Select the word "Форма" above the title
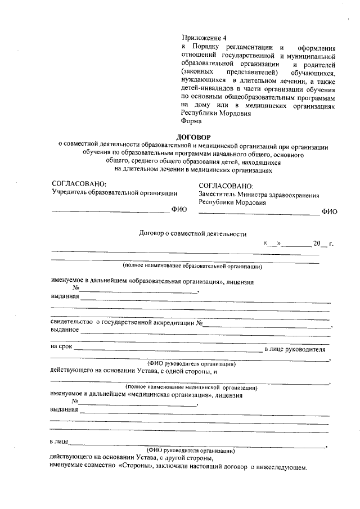click(191, 120)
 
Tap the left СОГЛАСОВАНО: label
click(78, 184)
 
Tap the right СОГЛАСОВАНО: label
click(226, 186)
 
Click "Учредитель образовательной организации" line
click(114, 193)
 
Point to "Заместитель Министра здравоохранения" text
click(259, 195)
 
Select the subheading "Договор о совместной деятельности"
click(192, 234)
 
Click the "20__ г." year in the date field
click(323, 244)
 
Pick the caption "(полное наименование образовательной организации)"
click(192, 265)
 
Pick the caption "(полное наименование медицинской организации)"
click(192, 387)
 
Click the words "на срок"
click(61, 346)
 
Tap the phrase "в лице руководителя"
click(299, 349)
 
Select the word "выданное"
click(64, 330)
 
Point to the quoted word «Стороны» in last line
click(134, 467)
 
